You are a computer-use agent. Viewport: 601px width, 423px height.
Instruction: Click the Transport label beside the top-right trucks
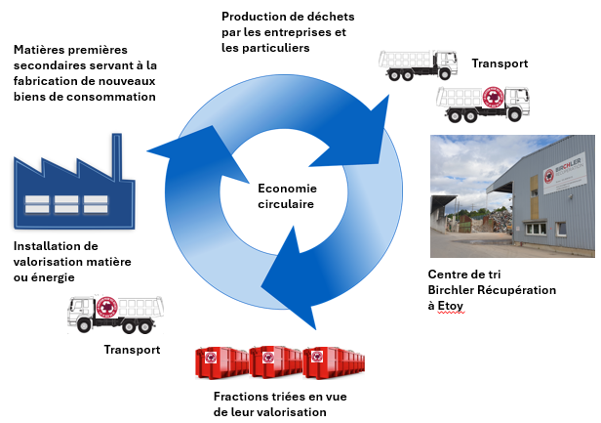pyautogui.click(x=500, y=63)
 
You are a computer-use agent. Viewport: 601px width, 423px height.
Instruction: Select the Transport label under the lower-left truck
pyautogui.click(x=132, y=349)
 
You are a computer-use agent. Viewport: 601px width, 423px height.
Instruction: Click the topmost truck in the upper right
pyautogui.click(x=418, y=63)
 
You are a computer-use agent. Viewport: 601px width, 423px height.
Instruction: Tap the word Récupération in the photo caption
pyautogui.click(x=521, y=290)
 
